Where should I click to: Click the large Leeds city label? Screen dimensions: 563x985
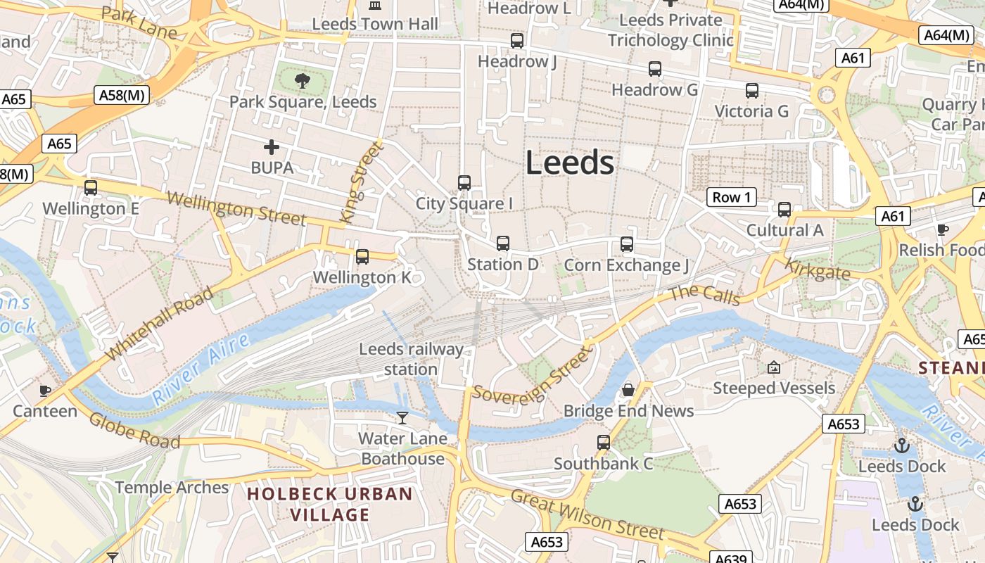coord(570,163)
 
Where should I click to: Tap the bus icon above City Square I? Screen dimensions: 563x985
coord(464,183)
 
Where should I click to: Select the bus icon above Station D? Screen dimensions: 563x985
coord(503,243)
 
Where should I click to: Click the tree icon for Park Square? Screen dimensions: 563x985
coord(303,80)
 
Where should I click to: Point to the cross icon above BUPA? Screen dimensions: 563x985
coord(272,147)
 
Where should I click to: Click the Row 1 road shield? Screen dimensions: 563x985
coord(732,197)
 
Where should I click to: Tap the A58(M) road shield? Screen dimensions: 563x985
coord(122,95)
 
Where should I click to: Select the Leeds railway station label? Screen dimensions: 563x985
coord(411,359)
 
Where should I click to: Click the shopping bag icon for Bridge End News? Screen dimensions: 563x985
coord(628,389)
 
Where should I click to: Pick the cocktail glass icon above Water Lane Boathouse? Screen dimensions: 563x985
coord(402,418)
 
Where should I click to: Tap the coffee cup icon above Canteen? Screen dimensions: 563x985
coord(45,390)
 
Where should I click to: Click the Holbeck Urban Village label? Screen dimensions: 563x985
coord(330,504)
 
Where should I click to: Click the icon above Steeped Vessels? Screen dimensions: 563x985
coord(774,367)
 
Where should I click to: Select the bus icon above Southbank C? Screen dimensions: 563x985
coord(604,443)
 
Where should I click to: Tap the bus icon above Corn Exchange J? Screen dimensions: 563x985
coord(627,244)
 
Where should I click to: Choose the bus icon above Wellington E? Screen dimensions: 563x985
coord(91,188)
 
